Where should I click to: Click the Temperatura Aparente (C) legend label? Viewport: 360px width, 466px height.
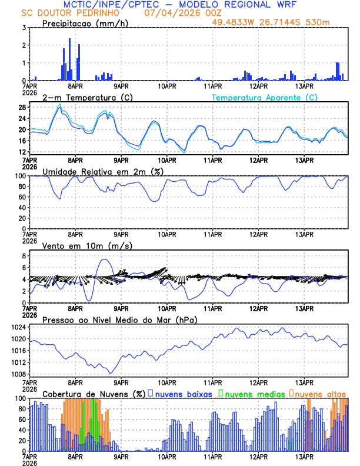[265, 97]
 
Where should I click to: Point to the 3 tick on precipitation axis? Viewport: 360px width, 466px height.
[24, 28]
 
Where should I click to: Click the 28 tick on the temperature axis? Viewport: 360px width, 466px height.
[22, 108]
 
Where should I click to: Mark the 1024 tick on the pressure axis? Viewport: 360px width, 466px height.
[19, 327]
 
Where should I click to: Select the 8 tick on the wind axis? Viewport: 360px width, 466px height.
[24, 256]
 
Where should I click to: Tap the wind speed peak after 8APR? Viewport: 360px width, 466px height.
[105, 259]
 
